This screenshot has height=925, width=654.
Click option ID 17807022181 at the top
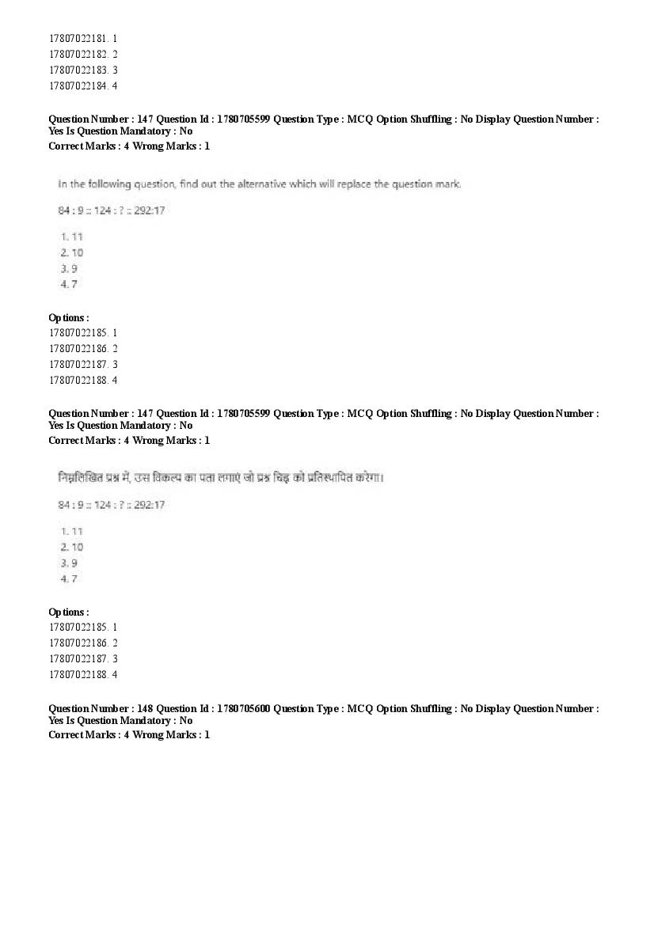[x=77, y=38]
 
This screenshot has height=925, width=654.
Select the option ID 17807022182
[x=77, y=54]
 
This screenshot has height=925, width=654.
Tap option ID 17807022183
[x=77, y=70]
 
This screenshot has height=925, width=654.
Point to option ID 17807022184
[x=77, y=85]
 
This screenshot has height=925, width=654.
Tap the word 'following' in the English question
[x=108, y=184]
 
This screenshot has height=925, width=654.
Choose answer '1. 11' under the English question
[x=71, y=237]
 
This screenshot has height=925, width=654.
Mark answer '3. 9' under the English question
[x=69, y=268]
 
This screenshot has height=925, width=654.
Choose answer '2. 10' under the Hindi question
[x=71, y=547]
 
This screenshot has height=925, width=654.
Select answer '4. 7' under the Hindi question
[x=69, y=578]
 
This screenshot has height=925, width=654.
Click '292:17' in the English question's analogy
[x=150, y=210]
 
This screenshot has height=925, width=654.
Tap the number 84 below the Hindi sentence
[x=64, y=505]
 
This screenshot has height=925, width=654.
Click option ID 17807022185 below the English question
[x=77, y=332]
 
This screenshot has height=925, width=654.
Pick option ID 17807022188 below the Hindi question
[x=77, y=674]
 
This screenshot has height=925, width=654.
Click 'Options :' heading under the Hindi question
[x=69, y=612]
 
